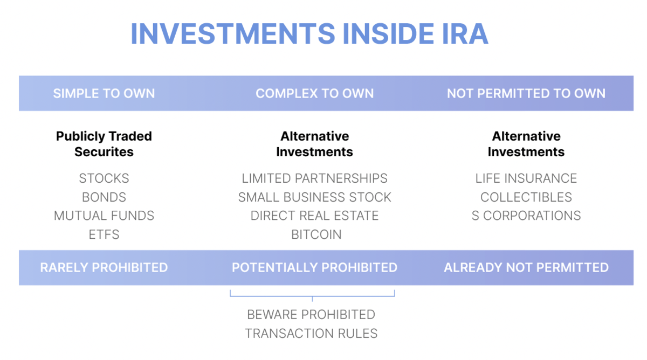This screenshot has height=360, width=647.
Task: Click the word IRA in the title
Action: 465,34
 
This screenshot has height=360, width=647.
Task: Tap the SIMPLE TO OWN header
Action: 104,94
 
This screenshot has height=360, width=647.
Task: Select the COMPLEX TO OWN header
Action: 314,94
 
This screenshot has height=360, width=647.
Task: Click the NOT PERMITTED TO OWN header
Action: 526,94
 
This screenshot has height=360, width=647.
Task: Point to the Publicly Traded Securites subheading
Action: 104,144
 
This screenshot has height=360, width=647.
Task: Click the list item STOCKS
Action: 104,178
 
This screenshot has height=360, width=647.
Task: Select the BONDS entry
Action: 104,197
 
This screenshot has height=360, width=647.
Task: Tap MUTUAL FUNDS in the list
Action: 104,216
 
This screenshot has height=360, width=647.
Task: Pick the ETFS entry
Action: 104,234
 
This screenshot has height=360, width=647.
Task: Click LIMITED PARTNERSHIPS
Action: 314,178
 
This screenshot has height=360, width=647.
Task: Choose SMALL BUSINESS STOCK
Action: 314,197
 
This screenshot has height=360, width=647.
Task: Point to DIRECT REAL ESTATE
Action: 314,216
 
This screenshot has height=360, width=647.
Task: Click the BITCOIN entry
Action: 316,234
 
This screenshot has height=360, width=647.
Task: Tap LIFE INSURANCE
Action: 526,178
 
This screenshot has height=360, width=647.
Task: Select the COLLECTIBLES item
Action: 526,197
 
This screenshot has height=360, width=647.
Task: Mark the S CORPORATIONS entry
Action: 526,216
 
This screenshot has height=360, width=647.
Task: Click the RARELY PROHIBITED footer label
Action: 104,268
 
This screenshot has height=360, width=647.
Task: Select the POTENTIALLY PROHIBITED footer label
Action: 314,268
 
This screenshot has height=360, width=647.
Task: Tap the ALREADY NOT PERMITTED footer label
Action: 526,268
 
